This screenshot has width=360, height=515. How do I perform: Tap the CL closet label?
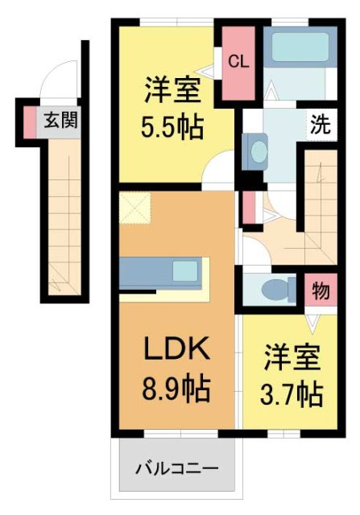[x=238, y=61]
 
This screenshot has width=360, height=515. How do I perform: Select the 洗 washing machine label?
[x=320, y=125]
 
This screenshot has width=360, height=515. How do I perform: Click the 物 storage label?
[x=319, y=291]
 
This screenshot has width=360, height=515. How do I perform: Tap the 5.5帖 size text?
[x=173, y=126]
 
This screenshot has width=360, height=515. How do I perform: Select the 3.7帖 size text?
[x=293, y=394]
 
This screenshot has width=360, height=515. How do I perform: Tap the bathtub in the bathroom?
[x=298, y=48]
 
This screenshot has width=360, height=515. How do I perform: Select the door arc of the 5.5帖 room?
[x=216, y=171]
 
